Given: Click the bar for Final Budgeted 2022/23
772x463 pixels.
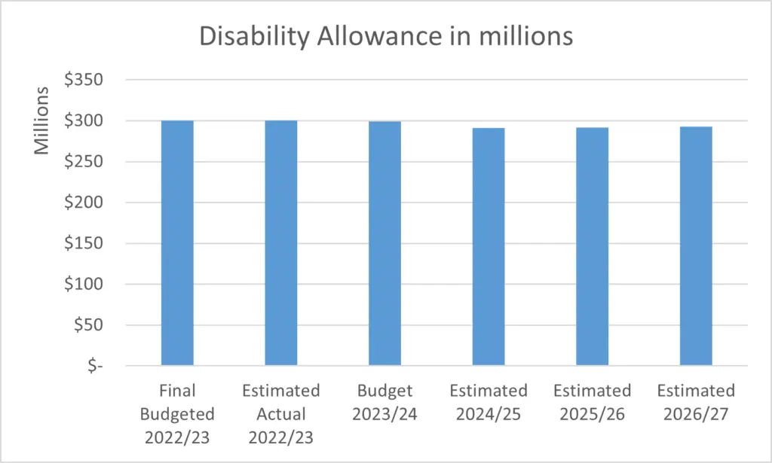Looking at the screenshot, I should (x=177, y=243).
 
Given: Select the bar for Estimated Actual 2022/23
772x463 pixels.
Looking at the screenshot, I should (x=280, y=243).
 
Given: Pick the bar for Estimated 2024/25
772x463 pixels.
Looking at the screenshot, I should (x=489, y=247).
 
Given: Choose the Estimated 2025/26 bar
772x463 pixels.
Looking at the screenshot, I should (x=593, y=247).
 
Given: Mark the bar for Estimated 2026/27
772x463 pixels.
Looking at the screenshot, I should (x=696, y=246).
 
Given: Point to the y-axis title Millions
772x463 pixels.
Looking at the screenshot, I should (x=41, y=120).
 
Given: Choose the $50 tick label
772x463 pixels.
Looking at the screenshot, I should (x=89, y=325).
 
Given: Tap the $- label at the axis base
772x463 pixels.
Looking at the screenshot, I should (x=95, y=366).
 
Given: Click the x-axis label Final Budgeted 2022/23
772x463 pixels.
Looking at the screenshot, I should (x=177, y=414).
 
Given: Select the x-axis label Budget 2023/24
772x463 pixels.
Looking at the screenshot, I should (x=384, y=403).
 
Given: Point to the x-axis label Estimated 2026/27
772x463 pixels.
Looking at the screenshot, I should (x=696, y=403).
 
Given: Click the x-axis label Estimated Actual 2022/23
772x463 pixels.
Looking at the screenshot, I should (x=280, y=414).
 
